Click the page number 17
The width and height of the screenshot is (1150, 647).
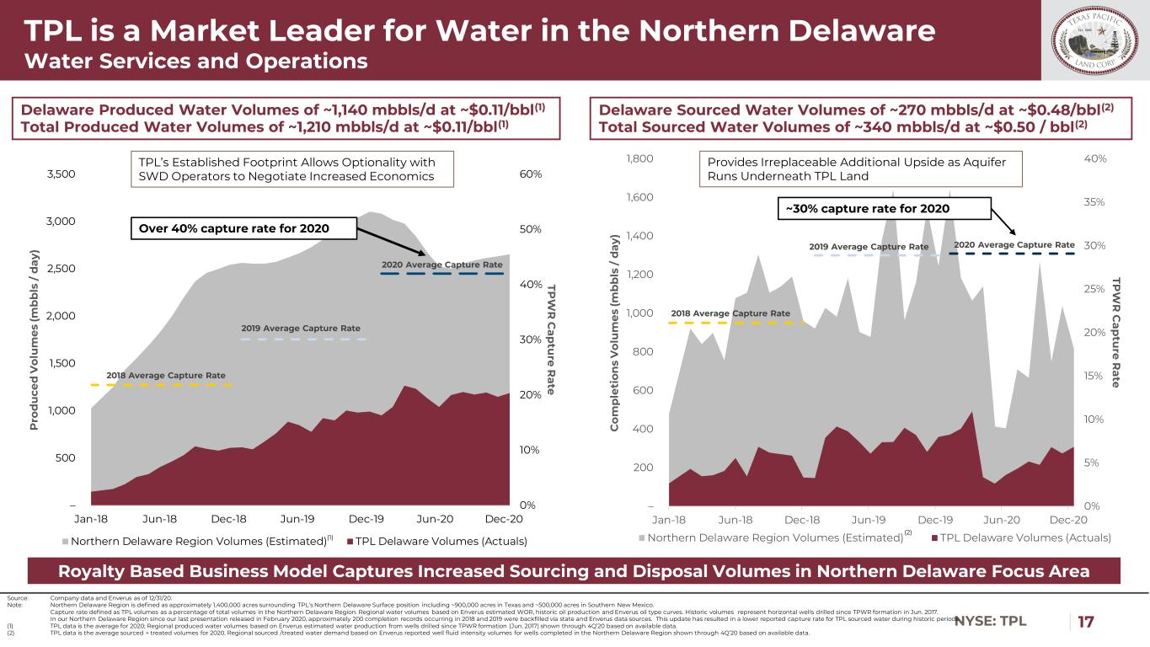(1087, 623)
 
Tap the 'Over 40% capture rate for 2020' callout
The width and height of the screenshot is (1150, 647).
(243, 228)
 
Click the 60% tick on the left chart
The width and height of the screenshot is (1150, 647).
(531, 174)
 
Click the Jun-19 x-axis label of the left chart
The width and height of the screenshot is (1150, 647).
(297, 519)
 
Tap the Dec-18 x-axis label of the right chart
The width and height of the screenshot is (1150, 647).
(802, 519)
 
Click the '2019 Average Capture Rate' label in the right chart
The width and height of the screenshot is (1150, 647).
(869, 246)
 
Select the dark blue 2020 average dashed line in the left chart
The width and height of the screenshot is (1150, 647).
(441, 274)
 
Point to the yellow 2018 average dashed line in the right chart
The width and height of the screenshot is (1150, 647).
(729, 323)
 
